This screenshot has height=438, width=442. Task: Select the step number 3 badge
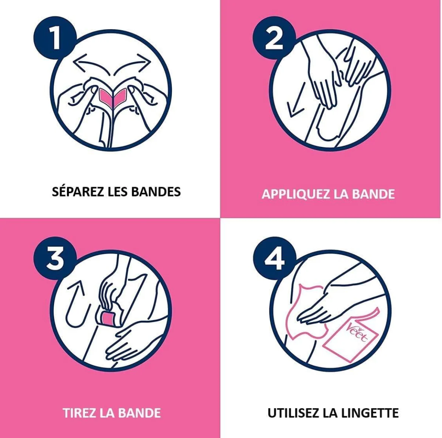coord(55,258)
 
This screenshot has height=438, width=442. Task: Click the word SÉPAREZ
coord(78,191)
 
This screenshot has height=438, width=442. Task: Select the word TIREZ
coord(79,413)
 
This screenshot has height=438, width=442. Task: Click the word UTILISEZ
coord(294,413)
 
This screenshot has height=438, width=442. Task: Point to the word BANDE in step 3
coord(140,413)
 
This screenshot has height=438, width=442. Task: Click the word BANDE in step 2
coord(373,194)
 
